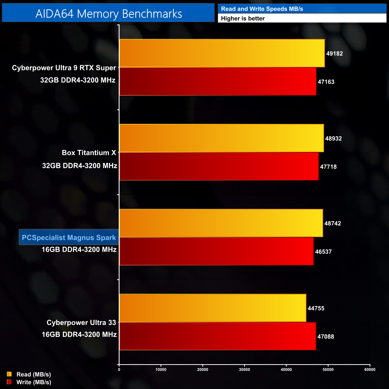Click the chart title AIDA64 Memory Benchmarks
point(109,14)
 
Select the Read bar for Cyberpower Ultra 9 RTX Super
point(222,53)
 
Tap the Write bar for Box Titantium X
point(219,166)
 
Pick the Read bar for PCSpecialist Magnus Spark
point(221,223)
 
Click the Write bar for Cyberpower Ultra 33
point(218,336)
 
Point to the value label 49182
point(334,54)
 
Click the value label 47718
point(328,167)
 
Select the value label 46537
point(323,252)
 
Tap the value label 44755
point(316,308)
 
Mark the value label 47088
point(326,337)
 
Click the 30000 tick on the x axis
point(244,370)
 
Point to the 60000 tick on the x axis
point(370,370)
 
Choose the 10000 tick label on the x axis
point(161,370)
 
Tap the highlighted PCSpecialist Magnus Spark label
point(69,238)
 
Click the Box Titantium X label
point(89,153)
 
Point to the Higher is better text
point(243,19)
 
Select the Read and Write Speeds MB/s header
point(262,9)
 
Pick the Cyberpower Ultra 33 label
point(81,323)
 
